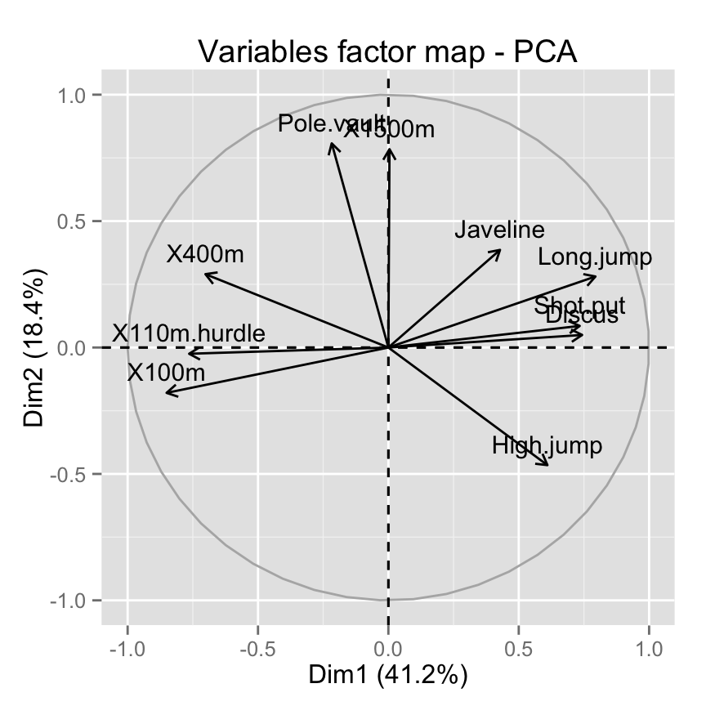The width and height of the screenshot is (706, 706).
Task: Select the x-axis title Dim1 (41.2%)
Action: pos(387,676)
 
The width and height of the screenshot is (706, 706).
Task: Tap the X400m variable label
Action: pos(205,254)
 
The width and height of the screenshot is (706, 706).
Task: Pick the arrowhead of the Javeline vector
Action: pos(500,250)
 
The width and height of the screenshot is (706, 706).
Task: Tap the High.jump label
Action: pos(547,445)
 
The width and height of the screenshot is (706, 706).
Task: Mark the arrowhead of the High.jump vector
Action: pos(547,465)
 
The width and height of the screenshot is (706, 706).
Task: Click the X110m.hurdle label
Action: pos(189,333)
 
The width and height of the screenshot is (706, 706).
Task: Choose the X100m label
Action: pos(166,373)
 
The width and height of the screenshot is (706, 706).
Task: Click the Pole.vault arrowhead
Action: pos(331,143)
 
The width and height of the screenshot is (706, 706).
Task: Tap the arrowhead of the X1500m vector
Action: pos(390,149)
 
